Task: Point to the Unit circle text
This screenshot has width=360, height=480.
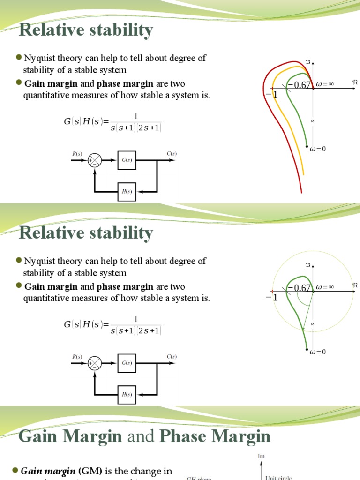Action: pos(278,477)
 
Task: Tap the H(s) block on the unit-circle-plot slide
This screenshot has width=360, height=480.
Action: pos(127,395)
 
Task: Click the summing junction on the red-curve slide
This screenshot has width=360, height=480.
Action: pos(95,160)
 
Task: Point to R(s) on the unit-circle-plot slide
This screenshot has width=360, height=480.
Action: pos(77,357)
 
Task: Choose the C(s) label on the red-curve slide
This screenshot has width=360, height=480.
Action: pos(172,154)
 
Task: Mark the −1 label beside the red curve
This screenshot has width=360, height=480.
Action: pos(271,94)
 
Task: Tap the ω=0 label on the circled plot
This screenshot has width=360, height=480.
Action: pos(318,352)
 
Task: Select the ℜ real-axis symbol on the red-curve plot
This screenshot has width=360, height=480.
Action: pos(355,82)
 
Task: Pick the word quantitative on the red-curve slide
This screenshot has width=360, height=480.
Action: pos(45,96)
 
